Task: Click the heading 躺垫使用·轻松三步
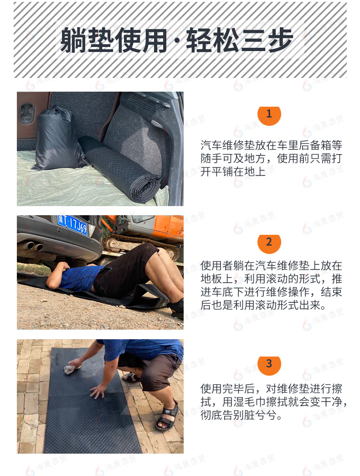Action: point(176,40)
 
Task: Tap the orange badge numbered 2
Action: point(269,242)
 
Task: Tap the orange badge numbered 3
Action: point(269,364)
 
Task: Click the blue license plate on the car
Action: point(72,225)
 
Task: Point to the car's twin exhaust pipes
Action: point(31,246)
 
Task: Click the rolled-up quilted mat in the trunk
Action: point(121,169)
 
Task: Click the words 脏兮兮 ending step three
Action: point(264,415)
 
